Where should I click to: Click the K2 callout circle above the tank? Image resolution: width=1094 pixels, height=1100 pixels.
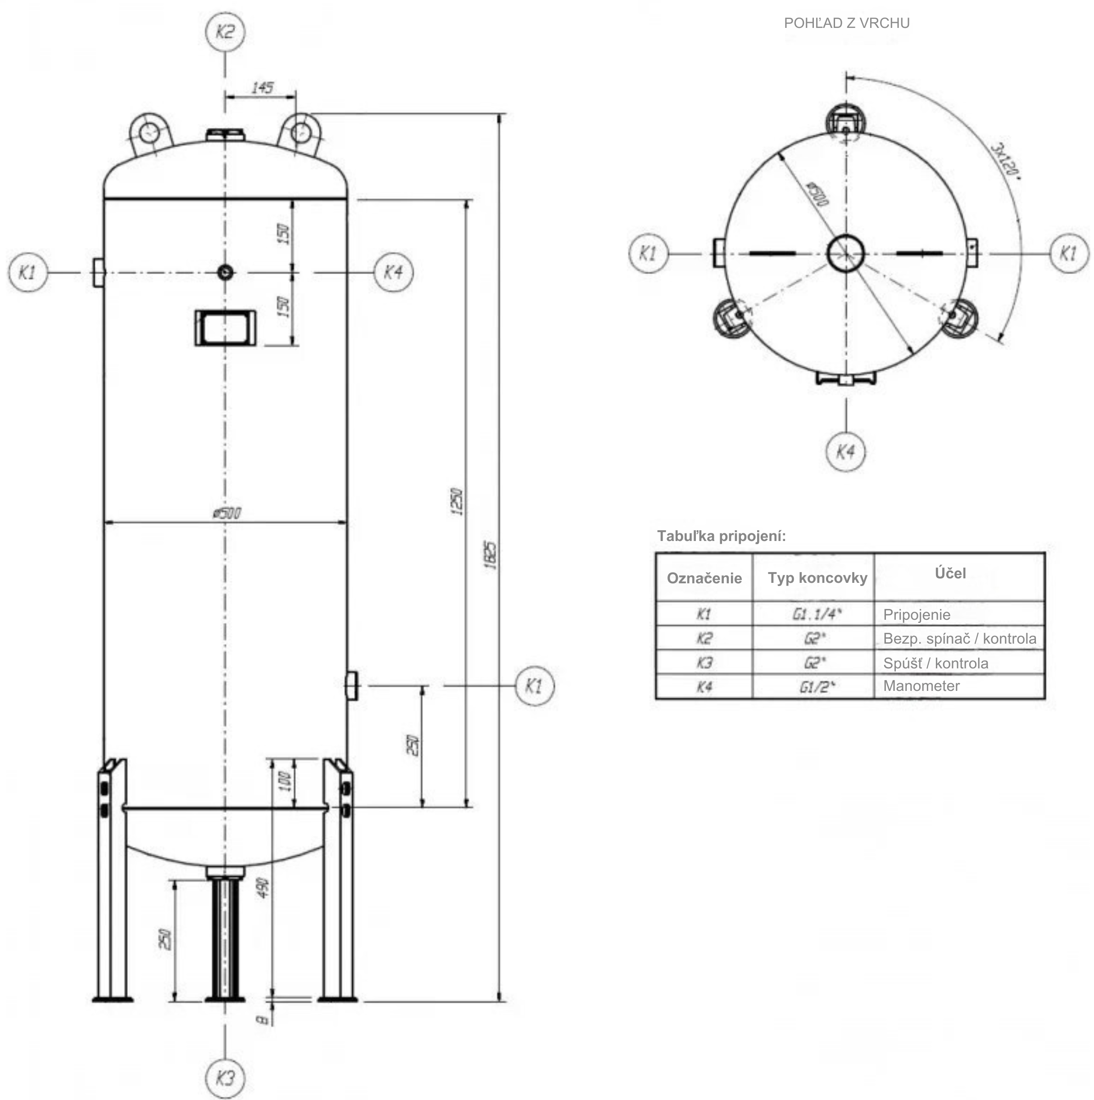pos(225,32)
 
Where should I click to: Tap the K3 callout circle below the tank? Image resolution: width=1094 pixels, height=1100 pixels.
pos(225,1078)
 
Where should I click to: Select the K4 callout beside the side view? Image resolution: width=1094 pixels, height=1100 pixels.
pos(393,272)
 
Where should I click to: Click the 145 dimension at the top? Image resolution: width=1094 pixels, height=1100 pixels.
pos(262,88)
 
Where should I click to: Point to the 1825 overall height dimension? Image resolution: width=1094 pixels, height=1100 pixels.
pos(492,555)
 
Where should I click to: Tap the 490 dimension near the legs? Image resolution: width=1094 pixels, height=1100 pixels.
pos(263,888)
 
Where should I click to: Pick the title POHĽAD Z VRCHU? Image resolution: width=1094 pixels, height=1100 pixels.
pos(847,23)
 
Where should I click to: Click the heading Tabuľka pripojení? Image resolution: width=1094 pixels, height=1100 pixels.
pos(722,536)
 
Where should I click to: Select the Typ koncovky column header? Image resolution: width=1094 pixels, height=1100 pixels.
pos(817,578)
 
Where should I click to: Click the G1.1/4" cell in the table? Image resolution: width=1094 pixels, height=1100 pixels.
pos(816,614)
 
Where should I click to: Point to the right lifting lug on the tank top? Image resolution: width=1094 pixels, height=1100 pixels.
pos(300,133)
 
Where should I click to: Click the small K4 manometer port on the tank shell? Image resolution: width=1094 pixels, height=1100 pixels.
pos(225,272)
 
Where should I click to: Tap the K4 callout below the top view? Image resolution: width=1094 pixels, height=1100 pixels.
pos(845,452)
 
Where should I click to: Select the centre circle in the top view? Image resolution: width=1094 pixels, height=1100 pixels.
pos(845,253)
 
